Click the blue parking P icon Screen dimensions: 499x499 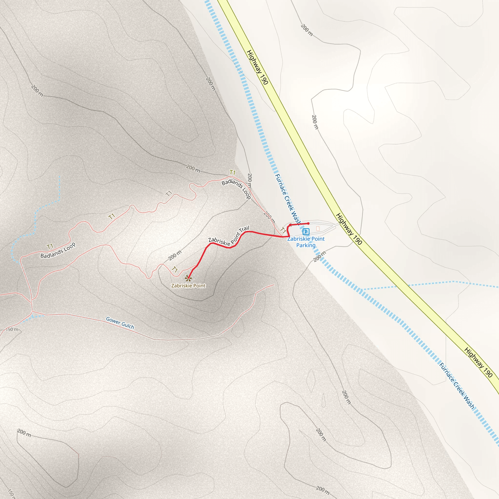coord(306,231)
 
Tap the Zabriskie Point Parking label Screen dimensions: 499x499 coord(306,242)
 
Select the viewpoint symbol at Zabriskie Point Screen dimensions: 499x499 coord(188,278)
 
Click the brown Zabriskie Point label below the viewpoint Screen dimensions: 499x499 coord(188,286)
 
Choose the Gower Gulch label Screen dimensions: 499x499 coord(120,323)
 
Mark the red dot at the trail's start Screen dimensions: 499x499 coord(308,223)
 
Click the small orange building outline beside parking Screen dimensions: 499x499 coord(318,228)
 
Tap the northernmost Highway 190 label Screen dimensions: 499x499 coord(258,67)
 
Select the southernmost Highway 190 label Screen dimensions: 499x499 coord(478,362)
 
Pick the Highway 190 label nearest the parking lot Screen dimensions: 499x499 coord(349,229)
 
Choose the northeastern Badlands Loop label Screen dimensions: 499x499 coord(236,189)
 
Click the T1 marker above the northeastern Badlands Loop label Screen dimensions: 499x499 coord(232,172)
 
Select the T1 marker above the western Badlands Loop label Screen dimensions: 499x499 coord(50,246)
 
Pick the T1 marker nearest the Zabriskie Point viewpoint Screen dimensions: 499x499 coord(175,270)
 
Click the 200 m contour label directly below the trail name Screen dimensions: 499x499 coord(175,255)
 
